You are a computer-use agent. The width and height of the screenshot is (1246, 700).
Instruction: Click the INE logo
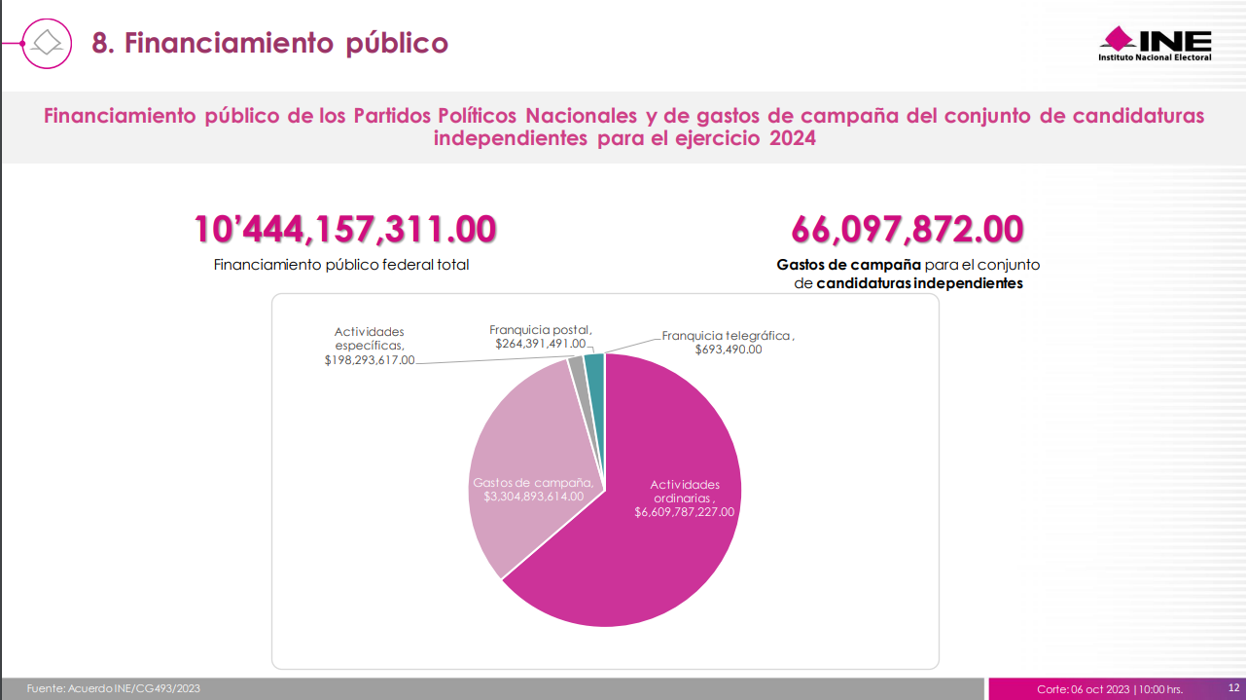(1156, 44)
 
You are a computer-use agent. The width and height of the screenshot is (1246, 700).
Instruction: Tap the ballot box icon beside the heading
(48, 42)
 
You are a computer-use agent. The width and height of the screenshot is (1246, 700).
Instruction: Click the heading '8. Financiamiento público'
(269, 43)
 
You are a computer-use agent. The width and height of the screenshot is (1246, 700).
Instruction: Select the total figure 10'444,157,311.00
(345, 230)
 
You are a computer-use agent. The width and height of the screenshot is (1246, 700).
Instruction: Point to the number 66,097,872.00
(907, 230)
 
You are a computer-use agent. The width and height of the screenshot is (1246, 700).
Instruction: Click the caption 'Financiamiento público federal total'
(340, 265)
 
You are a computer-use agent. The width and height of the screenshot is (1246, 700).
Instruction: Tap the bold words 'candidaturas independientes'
(919, 283)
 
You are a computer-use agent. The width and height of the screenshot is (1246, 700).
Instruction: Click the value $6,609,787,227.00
(685, 512)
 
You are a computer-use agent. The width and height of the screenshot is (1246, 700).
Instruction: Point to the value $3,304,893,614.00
(533, 497)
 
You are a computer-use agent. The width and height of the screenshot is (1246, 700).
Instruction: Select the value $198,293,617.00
(370, 360)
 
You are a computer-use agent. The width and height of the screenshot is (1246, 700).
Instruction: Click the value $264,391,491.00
(540, 344)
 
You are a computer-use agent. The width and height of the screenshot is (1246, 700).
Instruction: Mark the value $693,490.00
(729, 350)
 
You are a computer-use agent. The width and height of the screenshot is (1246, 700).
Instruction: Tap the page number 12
(1232, 687)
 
